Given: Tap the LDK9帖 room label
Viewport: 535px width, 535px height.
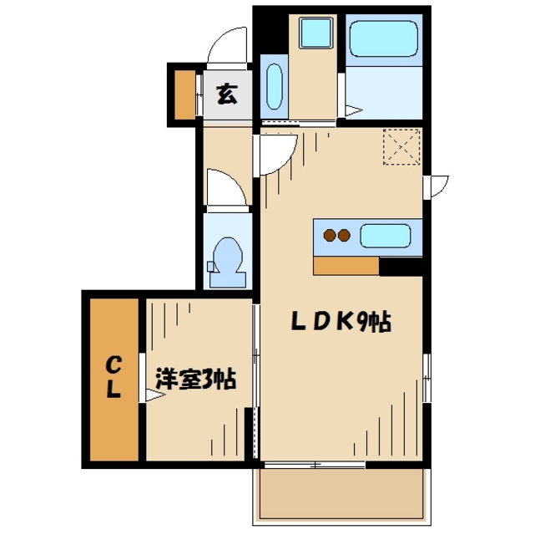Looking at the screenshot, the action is click(x=341, y=322).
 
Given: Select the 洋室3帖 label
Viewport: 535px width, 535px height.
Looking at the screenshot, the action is click(x=196, y=379).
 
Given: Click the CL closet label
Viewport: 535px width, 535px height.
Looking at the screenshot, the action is click(x=114, y=378).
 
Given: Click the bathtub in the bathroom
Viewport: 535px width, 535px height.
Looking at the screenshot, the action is click(x=383, y=39).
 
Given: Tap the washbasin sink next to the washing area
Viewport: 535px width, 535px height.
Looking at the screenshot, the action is click(x=274, y=87).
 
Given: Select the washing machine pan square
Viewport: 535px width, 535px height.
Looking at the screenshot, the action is click(x=315, y=33).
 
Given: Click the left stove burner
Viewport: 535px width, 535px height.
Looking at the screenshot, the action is click(x=330, y=235).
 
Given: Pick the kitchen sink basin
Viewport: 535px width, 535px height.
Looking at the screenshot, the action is click(x=386, y=236).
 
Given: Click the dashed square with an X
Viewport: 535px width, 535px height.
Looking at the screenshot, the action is click(x=401, y=146).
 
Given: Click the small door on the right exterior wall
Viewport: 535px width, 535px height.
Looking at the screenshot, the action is click(x=436, y=186).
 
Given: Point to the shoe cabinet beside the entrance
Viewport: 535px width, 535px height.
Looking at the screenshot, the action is click(x=185, y=94).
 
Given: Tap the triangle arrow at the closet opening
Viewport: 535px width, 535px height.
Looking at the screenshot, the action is click(x=155, y=395).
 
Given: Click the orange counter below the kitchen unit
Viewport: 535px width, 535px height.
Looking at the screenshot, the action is click(x=346, y=266).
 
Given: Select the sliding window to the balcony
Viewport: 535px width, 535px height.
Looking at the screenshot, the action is click(x=315, y=465).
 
